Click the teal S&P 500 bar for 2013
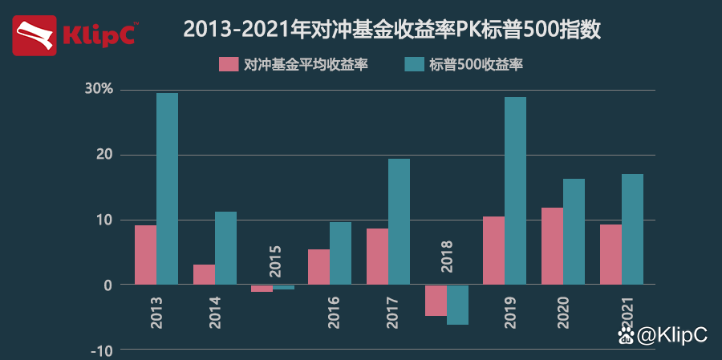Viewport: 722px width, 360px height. tap(167, 188)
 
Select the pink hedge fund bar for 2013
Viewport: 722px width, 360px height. tap(145, 255)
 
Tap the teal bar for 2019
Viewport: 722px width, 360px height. tap(515, 191)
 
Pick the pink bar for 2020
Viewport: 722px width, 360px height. tap(552, 246)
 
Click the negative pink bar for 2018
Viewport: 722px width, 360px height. tap(436, 301)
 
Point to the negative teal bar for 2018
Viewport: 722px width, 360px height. tap(457, 305)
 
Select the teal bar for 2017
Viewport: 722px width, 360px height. tap(399, 221)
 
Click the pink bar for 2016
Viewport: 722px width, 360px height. tap(318, 267)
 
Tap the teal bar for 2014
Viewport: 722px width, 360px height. tap(225, 248)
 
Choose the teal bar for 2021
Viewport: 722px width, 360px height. tap(632, 229)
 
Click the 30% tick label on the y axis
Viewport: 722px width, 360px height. tap(99, 89)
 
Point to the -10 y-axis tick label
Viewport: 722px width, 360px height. tap(102, 350)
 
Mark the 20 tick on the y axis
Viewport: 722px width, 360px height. tap(103, 155)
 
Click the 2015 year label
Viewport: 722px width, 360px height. tap(275, 259)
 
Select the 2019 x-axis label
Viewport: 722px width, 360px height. tap(511, 314)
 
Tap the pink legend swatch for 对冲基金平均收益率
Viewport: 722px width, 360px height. tap(229, 65)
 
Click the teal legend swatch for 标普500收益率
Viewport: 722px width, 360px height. tap(414, 65)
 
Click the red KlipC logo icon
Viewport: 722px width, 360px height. tap(34, 35)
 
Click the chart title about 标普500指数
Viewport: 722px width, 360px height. tap(391, 30)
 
